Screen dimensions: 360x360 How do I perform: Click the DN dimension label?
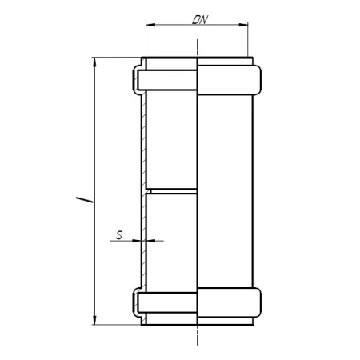200,20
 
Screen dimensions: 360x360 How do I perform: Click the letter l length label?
85,200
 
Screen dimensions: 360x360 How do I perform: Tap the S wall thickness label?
119,235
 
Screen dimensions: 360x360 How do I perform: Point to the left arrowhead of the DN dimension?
151,25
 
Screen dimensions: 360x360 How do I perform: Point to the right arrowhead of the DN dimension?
243,25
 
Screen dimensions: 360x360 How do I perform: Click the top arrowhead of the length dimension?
94,62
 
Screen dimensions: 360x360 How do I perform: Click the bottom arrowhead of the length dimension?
94,320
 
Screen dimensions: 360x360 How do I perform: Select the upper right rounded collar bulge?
229,80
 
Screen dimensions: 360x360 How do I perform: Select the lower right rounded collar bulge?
229,302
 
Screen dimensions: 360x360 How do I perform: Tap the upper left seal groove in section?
167,80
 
